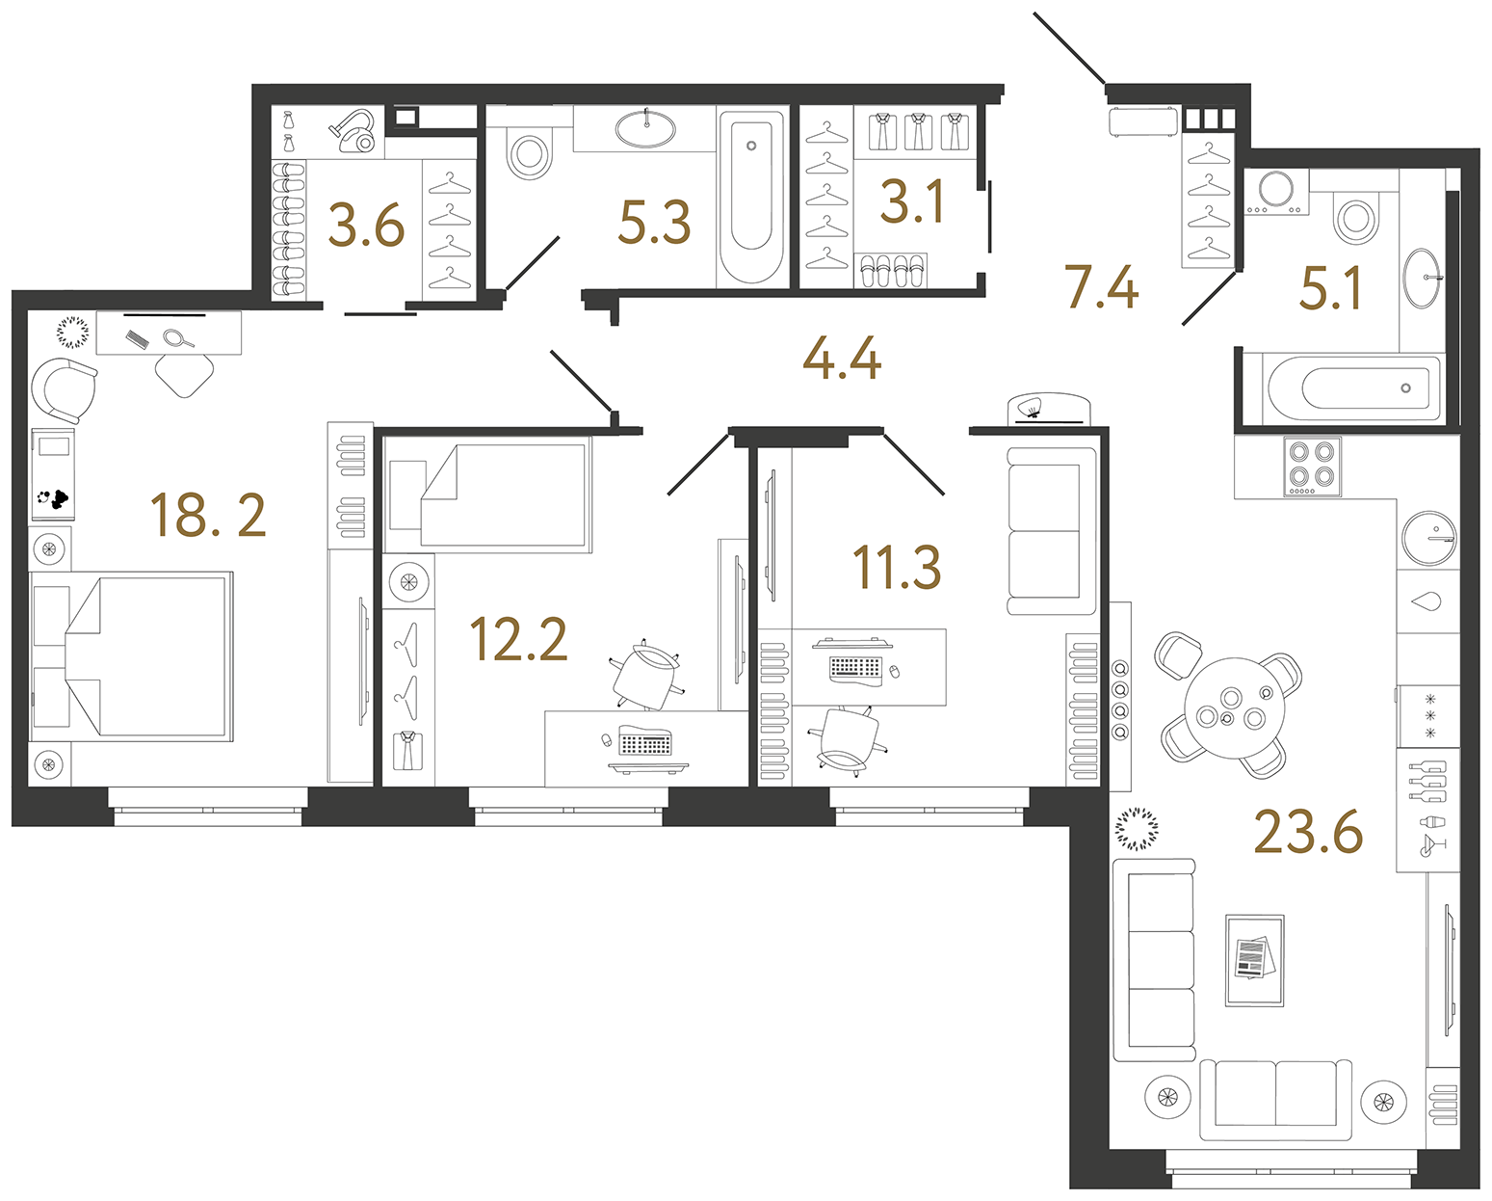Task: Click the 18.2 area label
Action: (x=208, y=516)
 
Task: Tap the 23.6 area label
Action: (x=1307, y=832)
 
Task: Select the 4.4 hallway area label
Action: (x=841, y=359)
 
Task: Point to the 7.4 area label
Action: (x=1101, y=287)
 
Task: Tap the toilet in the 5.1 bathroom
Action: (x=1356, y=218)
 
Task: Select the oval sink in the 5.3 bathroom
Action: (x=644, y=128)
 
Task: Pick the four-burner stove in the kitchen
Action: (x=1312, y=466)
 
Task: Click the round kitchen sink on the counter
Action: (x=1429, y=537)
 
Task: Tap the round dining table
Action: (x=1234, y=708)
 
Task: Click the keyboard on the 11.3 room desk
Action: (x=855, y=666)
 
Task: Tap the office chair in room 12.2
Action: (x=644, y=677)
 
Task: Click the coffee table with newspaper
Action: (x=1254, y=960)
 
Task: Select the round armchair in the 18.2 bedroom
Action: (x=64, y=390)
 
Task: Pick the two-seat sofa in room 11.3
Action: (x=1051, y=530)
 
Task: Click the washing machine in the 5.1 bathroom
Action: (x=1275, y=193)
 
